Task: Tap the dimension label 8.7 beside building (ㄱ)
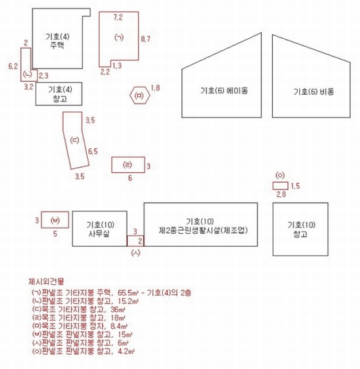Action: click(x=146, y=39)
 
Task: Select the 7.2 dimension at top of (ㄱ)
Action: click(x=118, y=17)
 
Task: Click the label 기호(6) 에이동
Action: click(x=224, y=90)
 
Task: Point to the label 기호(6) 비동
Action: click(x=313, y=92)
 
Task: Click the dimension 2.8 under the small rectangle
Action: click(x=281, y=194)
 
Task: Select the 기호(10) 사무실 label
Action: click(x=100, y=229)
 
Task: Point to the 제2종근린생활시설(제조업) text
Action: click(x=203, y=230)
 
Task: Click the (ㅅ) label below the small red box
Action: click(x=135, y=253)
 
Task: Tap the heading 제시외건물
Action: click(x=46, y=281)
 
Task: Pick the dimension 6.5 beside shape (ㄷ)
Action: click(x=93, y=151)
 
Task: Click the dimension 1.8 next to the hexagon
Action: click(x=155, y=88)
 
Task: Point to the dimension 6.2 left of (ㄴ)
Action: click(x=13, y=66)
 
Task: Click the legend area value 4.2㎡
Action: click(x=127, y=351)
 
